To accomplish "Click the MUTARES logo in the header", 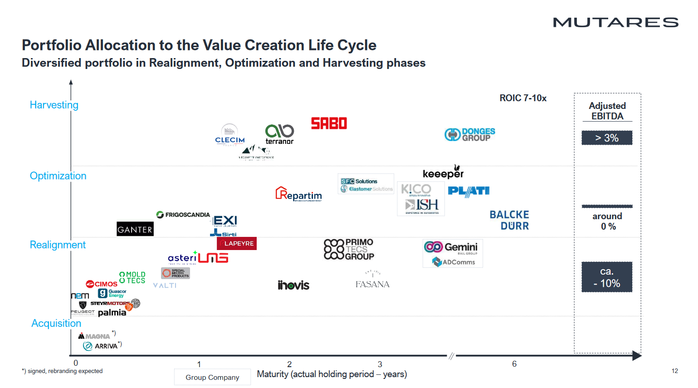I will click(615, 22).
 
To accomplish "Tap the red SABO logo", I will click(329, 123).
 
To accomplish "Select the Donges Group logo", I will click(470, 134).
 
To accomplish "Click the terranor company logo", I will click(279, 134).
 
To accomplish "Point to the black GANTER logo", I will click(135, 229).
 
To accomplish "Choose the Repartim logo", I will click(299, 194).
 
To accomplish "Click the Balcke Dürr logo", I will click(509, 220).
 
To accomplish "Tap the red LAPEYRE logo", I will click(237, 244).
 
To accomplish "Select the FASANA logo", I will click(372, 281).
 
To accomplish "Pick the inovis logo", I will click(293, 285).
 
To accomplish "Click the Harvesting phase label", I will click(54, 105).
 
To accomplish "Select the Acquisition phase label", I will click(56, 323).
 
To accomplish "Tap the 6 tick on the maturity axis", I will click(514, 364).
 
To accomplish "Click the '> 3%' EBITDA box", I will click(607, 138).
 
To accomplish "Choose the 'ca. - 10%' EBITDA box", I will click(607, 277).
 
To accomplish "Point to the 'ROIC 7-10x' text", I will click(523, 98).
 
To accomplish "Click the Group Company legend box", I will click(212, 377).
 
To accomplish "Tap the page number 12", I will click(675, 371).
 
